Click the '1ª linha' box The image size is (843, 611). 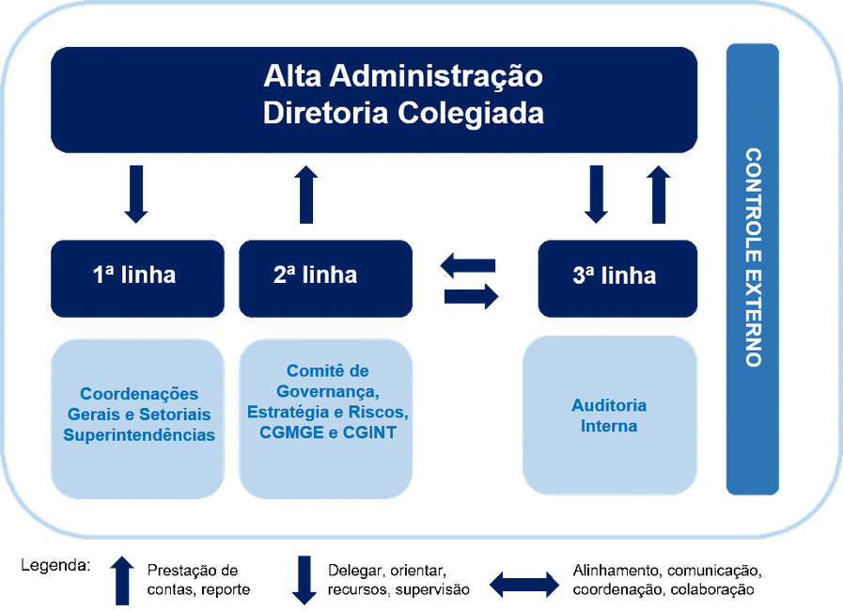137,276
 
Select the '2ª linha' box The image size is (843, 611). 324,276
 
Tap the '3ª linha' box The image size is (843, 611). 617,276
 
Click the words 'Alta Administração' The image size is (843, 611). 403,75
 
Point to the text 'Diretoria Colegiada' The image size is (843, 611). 403,114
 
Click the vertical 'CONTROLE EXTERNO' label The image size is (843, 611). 752,257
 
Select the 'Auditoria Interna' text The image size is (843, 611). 609,415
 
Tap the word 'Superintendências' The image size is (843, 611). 139,435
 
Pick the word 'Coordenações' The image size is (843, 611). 139,394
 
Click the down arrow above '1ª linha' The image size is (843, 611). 136,195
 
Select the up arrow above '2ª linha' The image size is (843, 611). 306,194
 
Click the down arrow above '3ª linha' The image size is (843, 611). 595,195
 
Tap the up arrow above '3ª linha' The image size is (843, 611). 659,194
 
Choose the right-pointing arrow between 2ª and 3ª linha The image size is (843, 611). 471,298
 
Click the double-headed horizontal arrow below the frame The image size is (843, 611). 524,585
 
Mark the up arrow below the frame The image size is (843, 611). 122,579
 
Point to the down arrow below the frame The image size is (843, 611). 304,579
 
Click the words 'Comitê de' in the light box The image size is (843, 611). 328,371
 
